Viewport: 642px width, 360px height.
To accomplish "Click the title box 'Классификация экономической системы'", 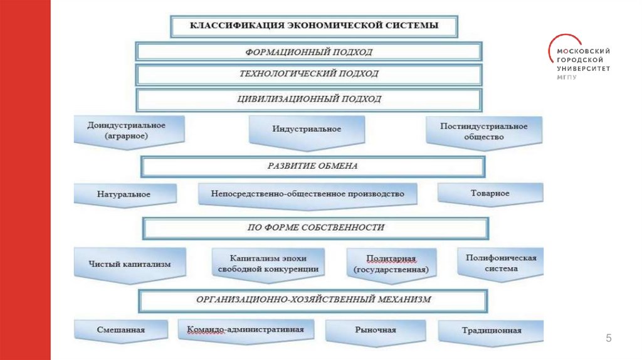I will pos(314,26).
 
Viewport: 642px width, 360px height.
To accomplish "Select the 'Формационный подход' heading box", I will pos(309,51).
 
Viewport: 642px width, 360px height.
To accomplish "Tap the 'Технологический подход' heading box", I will pos(309,74).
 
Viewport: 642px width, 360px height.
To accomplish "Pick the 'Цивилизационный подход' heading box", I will pos(309,99).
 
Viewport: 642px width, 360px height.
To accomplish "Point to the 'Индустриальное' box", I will pos(307,129).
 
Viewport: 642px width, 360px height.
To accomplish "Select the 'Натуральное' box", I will pos(124,194).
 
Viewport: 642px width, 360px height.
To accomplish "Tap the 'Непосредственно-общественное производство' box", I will pos(308,194).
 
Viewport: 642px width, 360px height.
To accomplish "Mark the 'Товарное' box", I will pos(490,194).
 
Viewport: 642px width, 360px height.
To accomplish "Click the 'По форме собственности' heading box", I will pos(315,228).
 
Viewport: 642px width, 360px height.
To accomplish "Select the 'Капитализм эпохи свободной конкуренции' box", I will pos(268,263).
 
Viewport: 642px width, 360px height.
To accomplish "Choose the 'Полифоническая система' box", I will pos(500,263).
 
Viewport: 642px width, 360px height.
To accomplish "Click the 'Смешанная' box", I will pos(121,330).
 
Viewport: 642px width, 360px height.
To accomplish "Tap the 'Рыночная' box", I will pos(375,330).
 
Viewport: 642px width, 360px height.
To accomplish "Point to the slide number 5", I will pos(608,339).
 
